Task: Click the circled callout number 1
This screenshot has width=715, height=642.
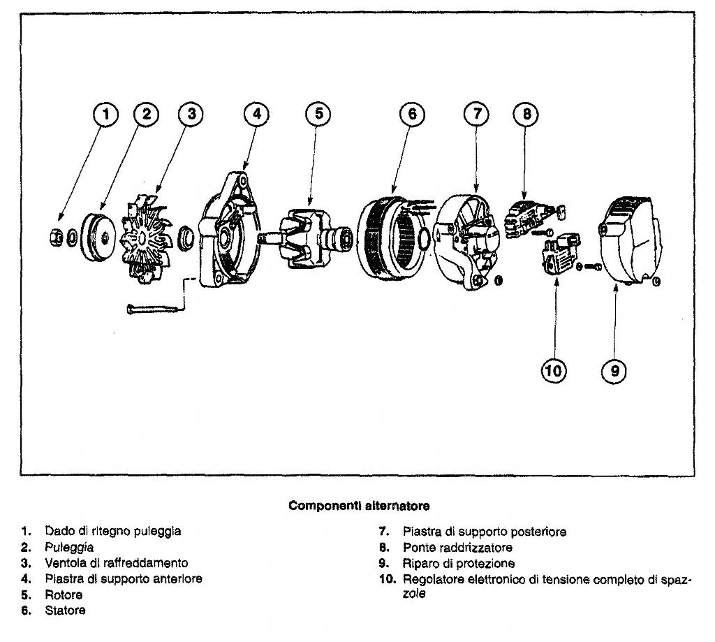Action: (x=105, y=115)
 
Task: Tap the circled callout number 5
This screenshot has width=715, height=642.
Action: (x=318, y=115)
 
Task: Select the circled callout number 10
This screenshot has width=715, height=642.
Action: (x=554, y=370)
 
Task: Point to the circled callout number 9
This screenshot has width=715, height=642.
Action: (x=614, y=370)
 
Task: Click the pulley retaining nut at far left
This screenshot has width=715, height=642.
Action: (x=55, y=238)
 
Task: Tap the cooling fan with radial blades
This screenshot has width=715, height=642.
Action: (x=146, y=238)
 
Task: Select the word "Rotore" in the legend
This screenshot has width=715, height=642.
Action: (x=64, y=595)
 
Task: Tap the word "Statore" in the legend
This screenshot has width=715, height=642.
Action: (x=66, y=611)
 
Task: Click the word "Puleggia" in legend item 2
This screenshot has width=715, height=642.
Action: (x=69, y=547)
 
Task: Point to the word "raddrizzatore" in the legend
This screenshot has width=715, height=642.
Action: (x=475, y=547)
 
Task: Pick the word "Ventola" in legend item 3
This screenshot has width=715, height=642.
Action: (x=65, y=562)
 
